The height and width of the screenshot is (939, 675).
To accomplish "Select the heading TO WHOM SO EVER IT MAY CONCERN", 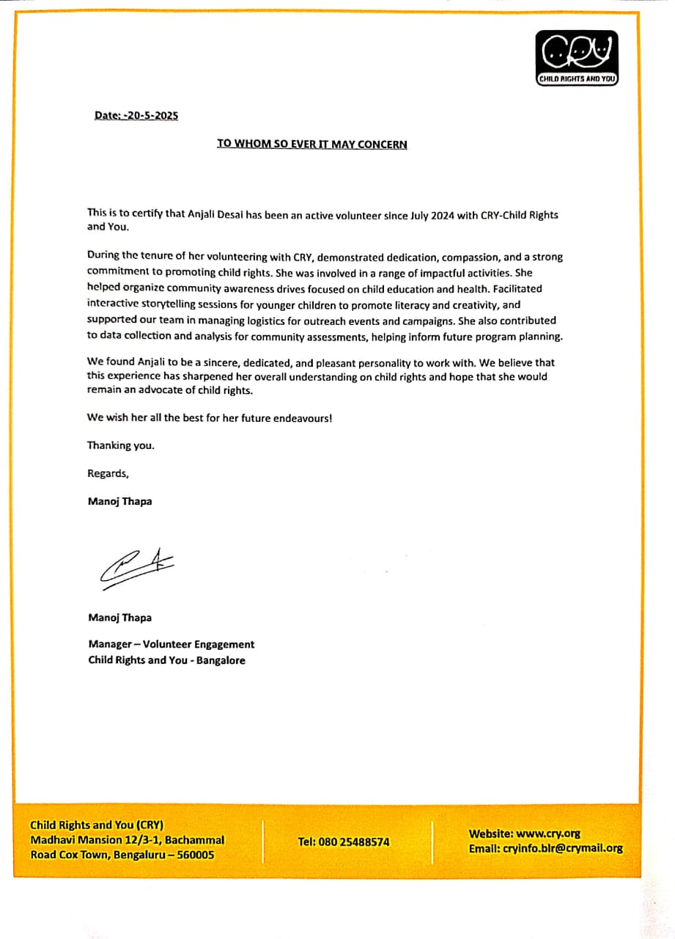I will [311, 144].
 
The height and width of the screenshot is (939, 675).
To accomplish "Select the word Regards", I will [108, 473].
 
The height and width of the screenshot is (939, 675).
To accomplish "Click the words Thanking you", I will [121, 445].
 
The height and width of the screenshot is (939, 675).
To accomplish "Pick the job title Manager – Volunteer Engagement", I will [171, 644].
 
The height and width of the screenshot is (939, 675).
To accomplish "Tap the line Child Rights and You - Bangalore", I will [167, 660].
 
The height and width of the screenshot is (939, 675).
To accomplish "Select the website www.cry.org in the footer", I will [548, 833].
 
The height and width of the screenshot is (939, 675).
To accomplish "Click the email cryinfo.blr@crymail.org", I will [563, 848].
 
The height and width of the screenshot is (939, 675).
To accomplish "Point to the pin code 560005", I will [193, 855].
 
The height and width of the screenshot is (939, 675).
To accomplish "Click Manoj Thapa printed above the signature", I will [120, 502].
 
